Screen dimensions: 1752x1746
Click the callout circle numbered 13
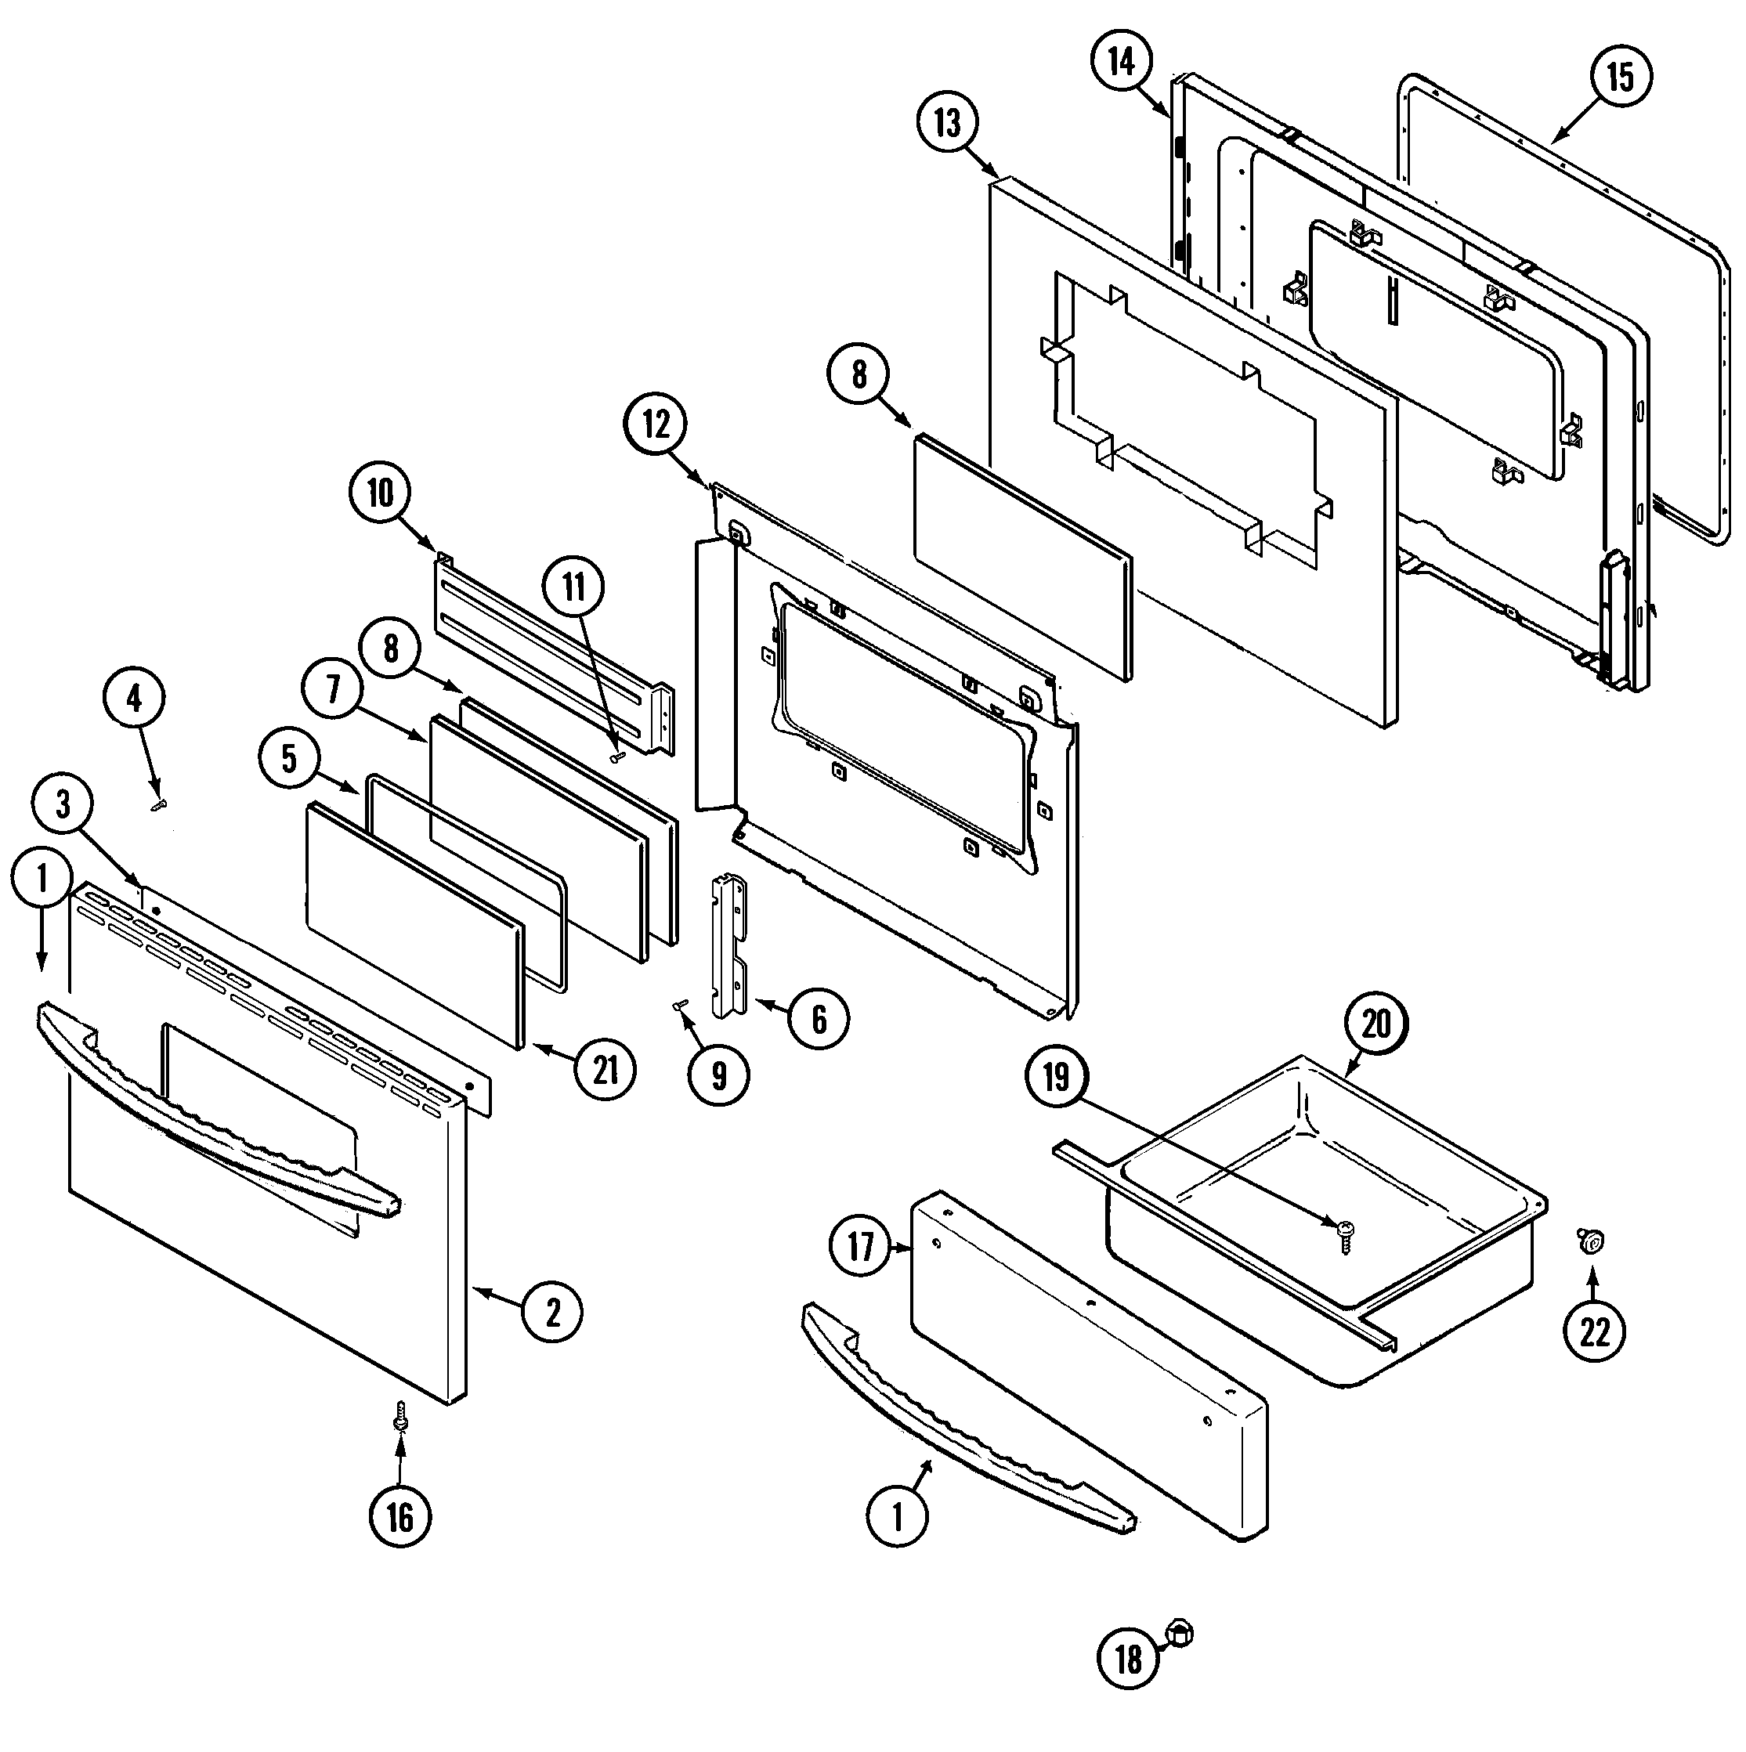947,122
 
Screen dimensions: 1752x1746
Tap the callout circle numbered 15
1620,76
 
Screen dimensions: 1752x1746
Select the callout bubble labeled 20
1375,1024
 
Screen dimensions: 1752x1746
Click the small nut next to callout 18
1182,1633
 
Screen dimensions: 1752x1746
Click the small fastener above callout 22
1589,1241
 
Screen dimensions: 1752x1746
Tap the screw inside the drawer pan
1345,1230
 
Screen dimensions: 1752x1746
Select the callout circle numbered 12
655,424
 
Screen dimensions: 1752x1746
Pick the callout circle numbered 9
718,1075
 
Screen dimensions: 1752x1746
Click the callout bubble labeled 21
605,1070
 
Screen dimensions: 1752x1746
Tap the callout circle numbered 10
379,493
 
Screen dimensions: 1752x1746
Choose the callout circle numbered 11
574,587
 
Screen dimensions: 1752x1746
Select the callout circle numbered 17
860,1247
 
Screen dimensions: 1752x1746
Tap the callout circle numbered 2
552,1312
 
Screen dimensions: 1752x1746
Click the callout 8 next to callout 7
390,649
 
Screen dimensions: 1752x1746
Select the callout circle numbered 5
288,758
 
